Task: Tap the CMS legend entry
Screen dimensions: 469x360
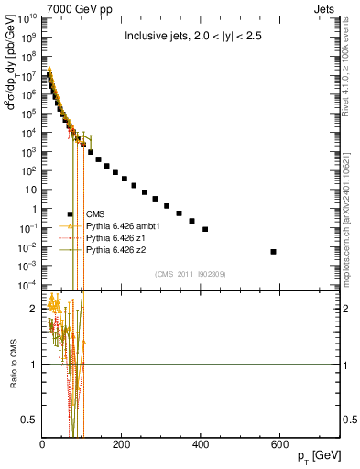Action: click(x=95, y=213)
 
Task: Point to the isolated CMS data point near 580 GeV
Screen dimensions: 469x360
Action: click(x=274, y=251)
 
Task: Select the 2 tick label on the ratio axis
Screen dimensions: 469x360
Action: click(x=34, y=309)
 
